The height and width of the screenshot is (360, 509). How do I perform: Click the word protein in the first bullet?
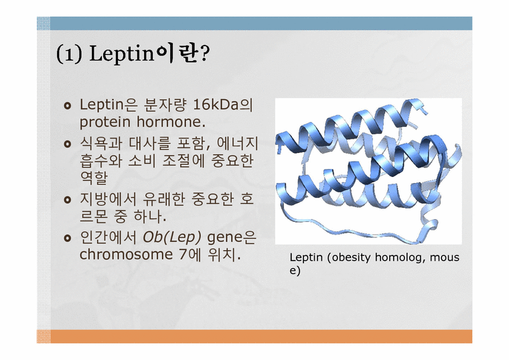pyautogui.click(x=100, y=123)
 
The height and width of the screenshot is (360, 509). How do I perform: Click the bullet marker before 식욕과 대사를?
pyautogui.click(x=67, y=144)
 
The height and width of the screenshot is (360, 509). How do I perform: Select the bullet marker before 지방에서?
pyautogui.click(x=67, y=200)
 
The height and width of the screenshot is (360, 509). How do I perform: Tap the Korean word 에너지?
pyautogui.click(x=236, y=143)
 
